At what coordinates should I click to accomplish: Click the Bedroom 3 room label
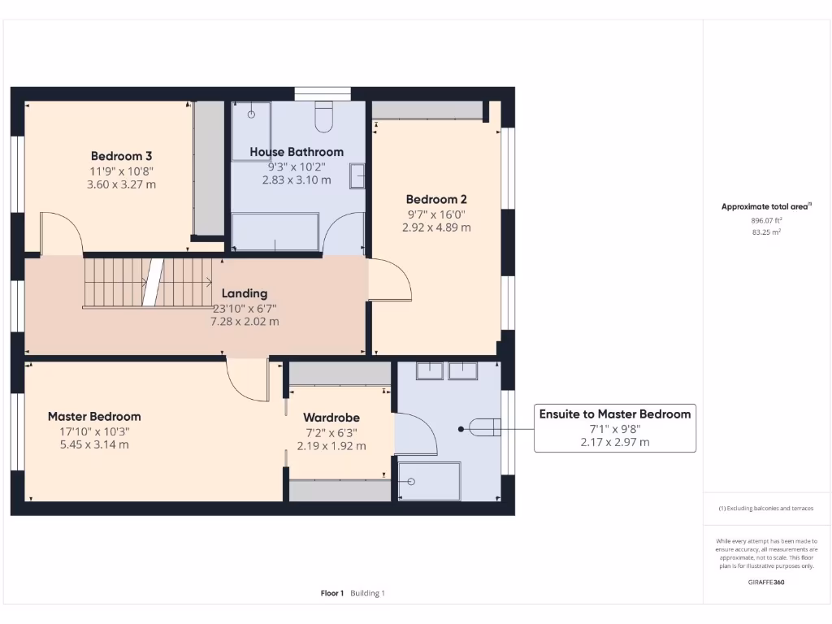121,156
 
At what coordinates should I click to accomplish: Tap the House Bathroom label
297,152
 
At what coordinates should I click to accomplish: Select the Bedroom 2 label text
436,199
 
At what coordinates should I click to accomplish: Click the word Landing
245,293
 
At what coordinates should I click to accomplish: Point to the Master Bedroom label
94,417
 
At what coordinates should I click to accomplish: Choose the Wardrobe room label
331,418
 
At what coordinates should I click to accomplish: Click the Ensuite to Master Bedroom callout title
615,414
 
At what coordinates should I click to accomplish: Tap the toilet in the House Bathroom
323,116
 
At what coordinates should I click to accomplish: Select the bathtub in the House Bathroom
275,232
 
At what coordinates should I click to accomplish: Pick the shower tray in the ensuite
429,480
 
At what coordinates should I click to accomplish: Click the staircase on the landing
148,283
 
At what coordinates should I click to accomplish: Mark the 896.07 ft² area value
767,220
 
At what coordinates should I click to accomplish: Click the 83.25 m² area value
767,232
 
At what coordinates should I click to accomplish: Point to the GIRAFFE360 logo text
767,582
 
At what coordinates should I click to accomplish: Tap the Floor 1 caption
332,593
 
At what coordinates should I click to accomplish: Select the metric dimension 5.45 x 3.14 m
94,444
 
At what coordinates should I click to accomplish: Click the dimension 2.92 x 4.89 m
436,227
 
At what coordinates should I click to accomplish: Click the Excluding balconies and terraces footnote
766,509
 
